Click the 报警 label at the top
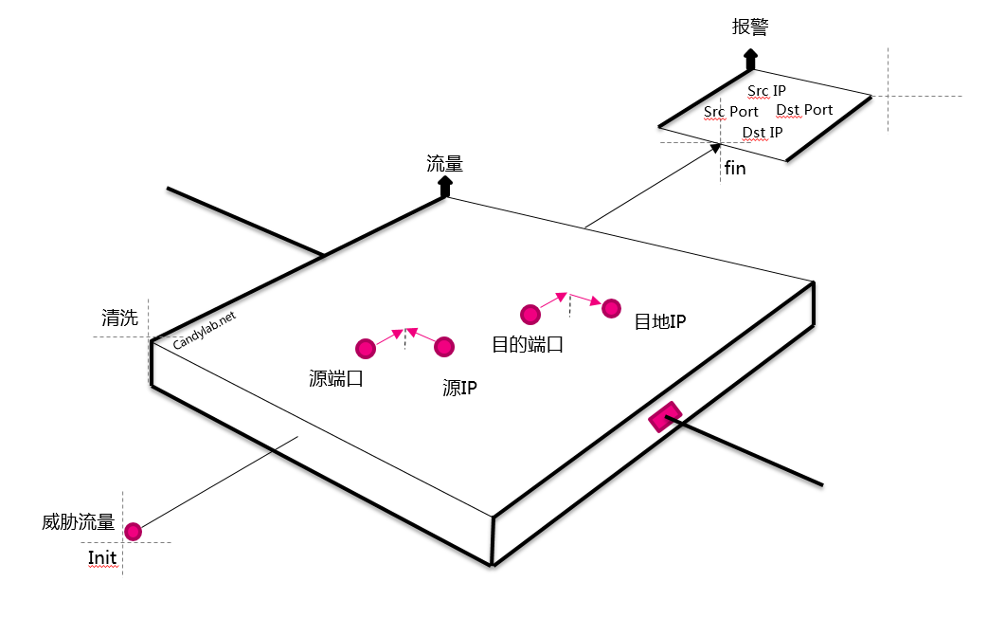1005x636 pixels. tap(750, 27)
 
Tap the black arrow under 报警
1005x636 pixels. tap(750, 59)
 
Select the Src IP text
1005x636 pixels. tap(766, 91)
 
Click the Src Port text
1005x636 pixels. tap(730, 112)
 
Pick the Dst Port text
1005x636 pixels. tap(804, 110)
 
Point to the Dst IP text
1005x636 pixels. tap(763, 132)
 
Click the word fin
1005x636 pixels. tap(735, 168)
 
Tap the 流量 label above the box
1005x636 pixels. tap(445, 164)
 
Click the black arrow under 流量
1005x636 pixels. tap(445, 187)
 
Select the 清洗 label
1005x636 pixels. tap(120, 318)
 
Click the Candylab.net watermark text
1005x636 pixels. tap(205, 330)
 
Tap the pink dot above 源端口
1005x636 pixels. tap(366, 349)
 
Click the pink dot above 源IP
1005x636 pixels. tap(444, 347)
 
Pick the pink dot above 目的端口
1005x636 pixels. tap(530, 314)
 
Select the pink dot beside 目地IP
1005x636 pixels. tap(612, 308)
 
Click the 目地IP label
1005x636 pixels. tap(660, 321)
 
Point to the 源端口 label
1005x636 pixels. tap(336, 378)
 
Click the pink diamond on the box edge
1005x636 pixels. tap(665, 417)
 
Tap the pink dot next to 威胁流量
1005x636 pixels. tap(133, 532)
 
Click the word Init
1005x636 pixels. tap(102, 557)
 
